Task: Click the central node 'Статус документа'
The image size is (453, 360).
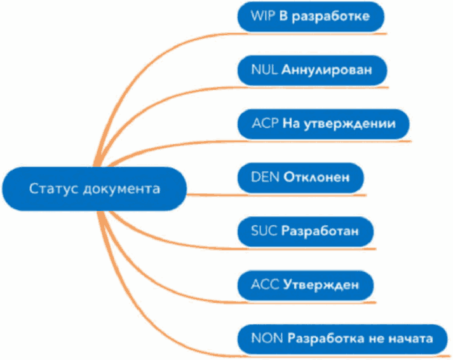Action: (94, 189)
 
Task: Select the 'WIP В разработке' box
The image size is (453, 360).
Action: (311, 16)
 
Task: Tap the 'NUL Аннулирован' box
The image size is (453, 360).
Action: (311, 69)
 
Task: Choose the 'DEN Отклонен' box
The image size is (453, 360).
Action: (301, 176)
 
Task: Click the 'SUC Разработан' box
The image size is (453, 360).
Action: (305, 230)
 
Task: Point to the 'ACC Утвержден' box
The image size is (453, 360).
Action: (305, 284)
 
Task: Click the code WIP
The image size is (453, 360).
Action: (260, 16)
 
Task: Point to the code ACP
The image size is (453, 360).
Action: (262, 122)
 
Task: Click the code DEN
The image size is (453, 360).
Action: (262, 176)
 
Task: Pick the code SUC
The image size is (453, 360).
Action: (261, 230)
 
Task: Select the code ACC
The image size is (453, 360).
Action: (262, 284)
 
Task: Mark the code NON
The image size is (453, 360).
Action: (264, 338)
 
